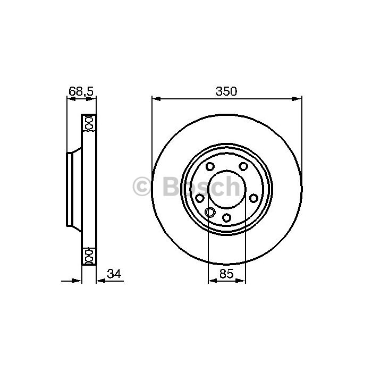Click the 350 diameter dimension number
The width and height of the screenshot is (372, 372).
(226, 91)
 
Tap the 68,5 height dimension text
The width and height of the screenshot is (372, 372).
(81, 91)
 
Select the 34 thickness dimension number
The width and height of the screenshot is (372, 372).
(114, 274)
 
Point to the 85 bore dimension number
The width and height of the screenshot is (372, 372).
(226, 274)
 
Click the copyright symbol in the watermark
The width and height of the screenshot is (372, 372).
(141, 187)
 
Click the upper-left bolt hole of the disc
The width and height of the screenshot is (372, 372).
(210, 166)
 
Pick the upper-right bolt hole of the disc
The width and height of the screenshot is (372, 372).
(243, 166)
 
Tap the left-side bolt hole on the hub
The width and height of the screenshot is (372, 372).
(200, 198)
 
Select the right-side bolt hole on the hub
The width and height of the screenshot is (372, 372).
(253, 198)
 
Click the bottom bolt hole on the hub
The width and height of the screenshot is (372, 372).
(226, 217)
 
